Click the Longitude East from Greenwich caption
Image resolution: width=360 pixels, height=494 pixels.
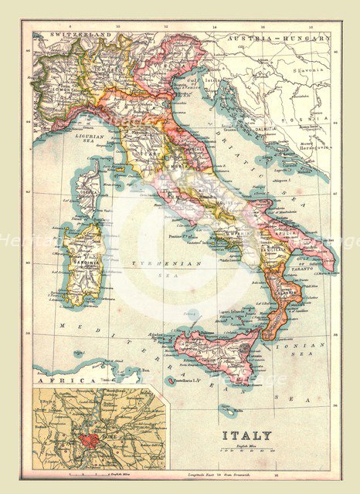[232, 475]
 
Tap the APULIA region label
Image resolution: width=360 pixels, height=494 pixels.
[287, 231]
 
